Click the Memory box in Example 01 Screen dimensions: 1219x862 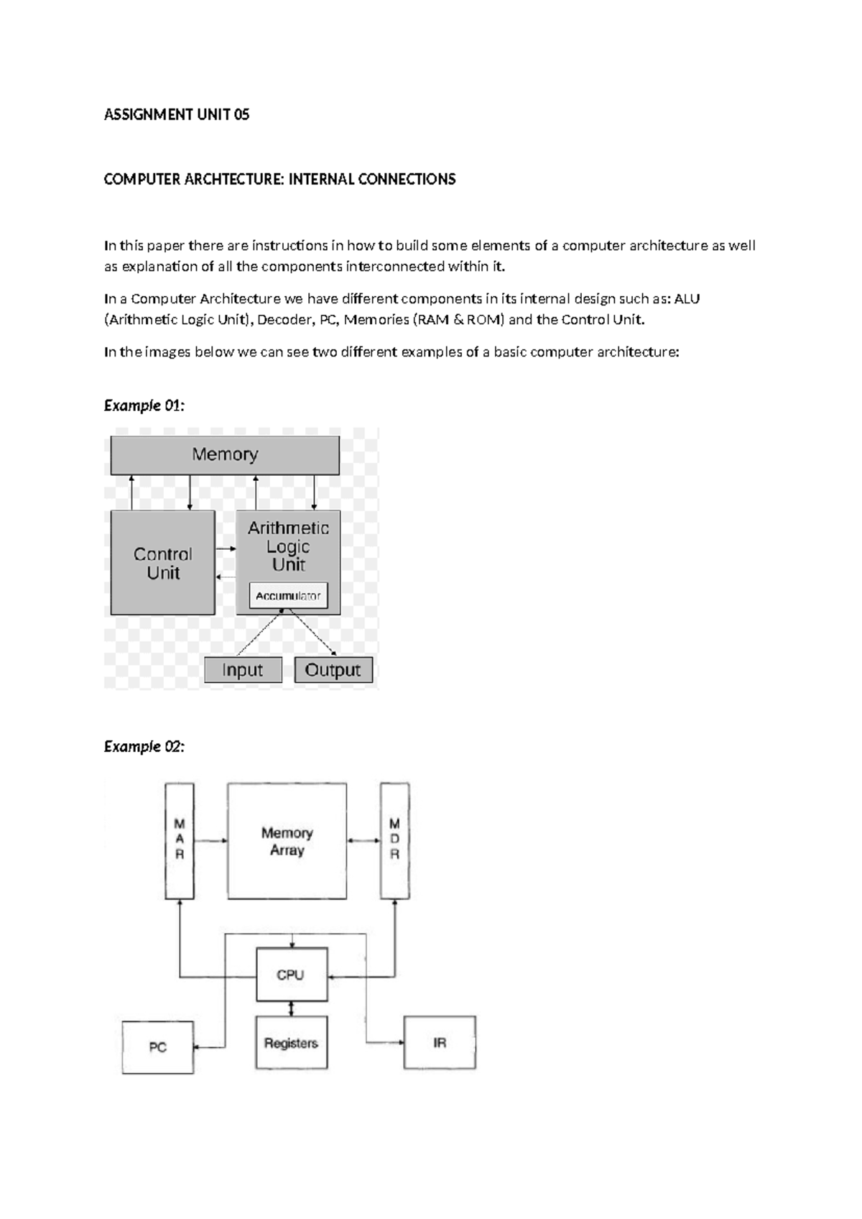pyautogui.click(x=225, y=454)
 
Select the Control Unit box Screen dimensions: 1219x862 pyautogui.click(x=163, y=563)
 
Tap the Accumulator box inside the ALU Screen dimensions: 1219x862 pyautogui.click(x=288, y=596)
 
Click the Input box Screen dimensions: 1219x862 pyautogui.click(x=243, y=670)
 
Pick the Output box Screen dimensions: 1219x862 pyautogui.click(x=333, y=670)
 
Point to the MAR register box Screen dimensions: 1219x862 pyautogui.click(x=180, y=840)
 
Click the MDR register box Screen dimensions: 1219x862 pyautogui.click(x=394, y=840)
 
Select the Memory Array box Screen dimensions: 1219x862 pyautogui.click(x=287, y=841)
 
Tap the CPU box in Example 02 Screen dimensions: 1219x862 pyautogui.click(x=292, y=975)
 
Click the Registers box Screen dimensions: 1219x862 pyautogui.click(x=291, y=1043)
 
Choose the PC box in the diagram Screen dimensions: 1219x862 pyautogui.click(x=158, y=1047)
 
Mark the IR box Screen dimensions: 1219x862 pyautogui.click(x=440, y=1042)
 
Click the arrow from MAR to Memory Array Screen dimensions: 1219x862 pyautogui.click(x=210, y=840)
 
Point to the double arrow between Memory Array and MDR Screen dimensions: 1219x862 pyautogui.click(x=363, y=840)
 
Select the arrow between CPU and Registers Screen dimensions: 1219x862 pyautogui.click(x=291, y=1009)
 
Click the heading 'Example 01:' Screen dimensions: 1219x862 pyautogui.click(x=144, y=405)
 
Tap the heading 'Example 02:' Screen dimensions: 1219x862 pyautogui.click(x=144, y=747)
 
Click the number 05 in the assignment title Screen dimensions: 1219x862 pyautogui.click(x=241, y=114)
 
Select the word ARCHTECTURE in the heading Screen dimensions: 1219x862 pyautogui.click(x=234, y=179)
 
